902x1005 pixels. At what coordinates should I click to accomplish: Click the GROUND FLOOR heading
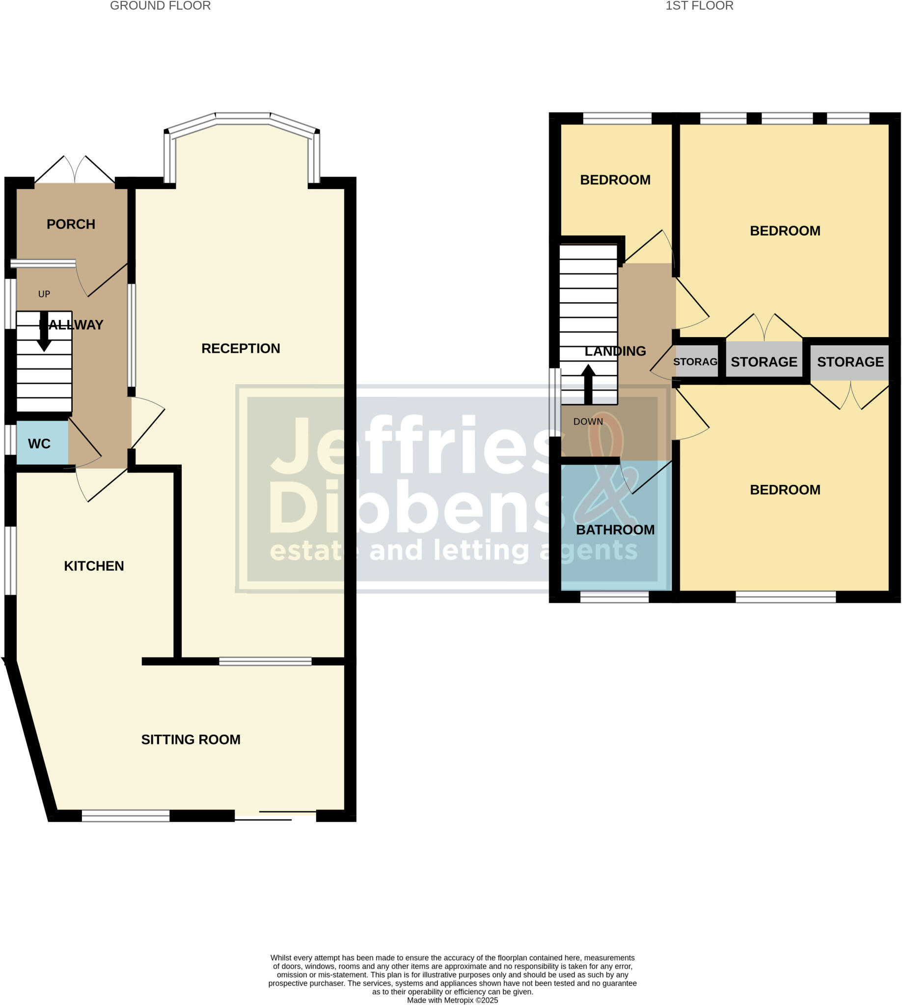(160, 6)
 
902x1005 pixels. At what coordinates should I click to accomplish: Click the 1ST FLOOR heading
(699, 6)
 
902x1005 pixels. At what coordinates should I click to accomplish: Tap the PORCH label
(71, 224)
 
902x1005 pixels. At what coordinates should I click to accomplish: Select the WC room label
(39, 444)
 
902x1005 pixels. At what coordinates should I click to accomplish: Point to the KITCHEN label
(94, 566)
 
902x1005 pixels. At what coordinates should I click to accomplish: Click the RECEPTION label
(241, 349)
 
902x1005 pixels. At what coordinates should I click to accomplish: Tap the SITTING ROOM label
(191, 740)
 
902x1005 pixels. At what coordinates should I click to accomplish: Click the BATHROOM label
(615, 530)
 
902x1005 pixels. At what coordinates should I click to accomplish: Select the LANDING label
(615, 351)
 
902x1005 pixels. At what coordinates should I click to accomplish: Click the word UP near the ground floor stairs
(44, 294)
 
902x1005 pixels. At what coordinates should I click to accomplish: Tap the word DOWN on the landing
(588, 422)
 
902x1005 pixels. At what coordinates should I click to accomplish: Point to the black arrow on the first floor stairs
(588, 384)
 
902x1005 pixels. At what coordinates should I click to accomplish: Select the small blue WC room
(42, 442)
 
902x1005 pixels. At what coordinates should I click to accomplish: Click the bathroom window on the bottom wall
(614, 598)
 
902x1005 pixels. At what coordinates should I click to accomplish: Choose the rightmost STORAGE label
(850, 362)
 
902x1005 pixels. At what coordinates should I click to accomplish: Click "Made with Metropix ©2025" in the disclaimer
(452, 1001)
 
